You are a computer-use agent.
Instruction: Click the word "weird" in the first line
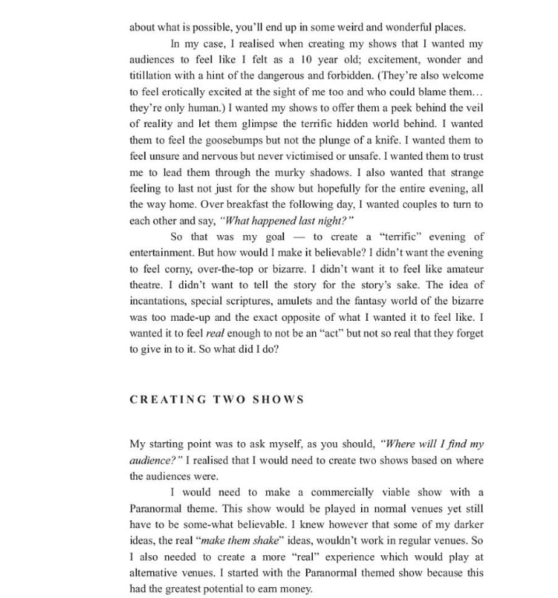coord(318,28)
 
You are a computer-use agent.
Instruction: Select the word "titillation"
coord(153,76)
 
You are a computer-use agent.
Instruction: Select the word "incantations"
coord(160,301)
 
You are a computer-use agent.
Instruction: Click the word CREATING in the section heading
coord(165,399)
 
